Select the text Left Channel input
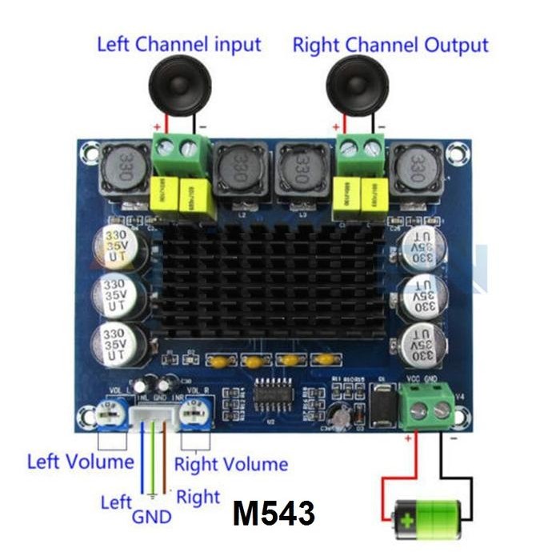point(178,43)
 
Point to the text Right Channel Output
point(390,45)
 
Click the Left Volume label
point(80,462)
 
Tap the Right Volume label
point(230,464)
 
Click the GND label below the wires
point(152,517)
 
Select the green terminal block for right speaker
point(360,148)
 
